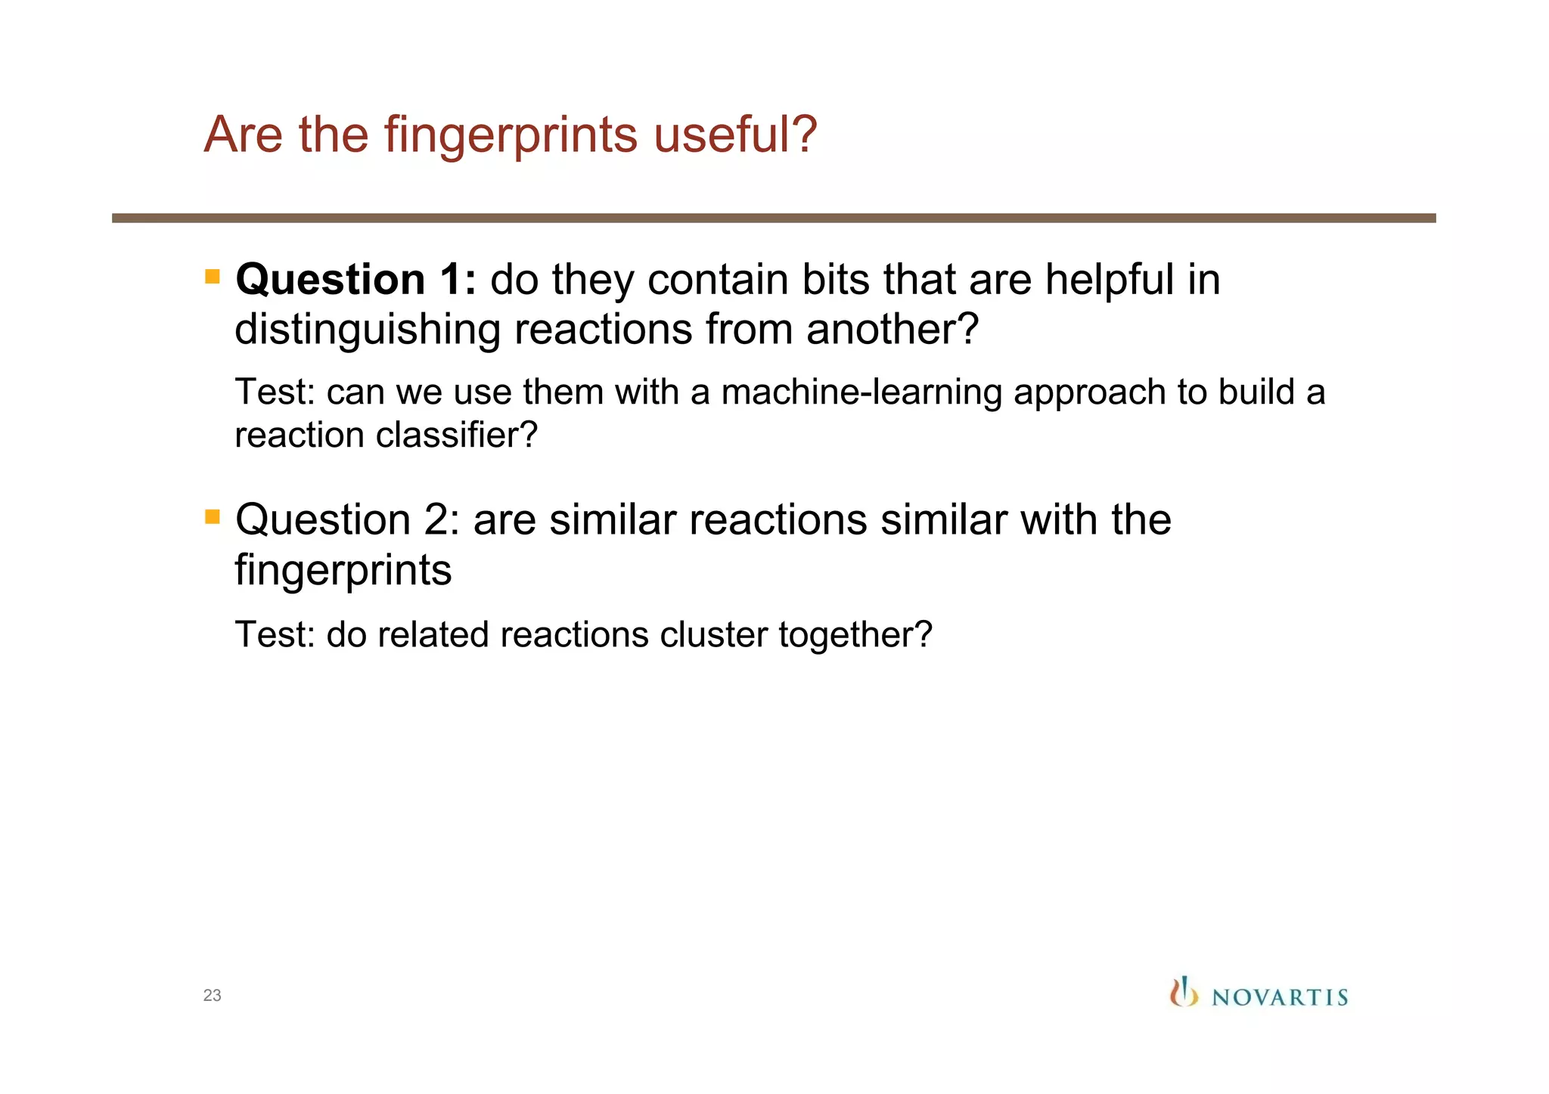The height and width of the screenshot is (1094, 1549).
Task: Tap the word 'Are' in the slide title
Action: coord(244,135)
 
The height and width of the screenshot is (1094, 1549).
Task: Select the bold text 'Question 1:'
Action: coord(355,280)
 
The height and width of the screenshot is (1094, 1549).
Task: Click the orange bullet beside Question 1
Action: coord(213,277)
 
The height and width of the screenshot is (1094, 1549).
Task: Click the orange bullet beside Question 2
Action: coord(213,517)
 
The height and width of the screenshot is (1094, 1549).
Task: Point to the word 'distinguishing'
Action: coord(367,330)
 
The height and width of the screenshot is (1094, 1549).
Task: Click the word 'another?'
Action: coord(892,330)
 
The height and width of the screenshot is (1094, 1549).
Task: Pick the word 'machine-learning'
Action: coord(861,392)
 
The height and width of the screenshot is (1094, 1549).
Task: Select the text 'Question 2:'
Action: coord(347,520)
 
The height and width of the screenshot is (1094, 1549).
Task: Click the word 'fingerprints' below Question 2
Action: coord(343,570)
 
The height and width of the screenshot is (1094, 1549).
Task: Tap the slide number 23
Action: coord(212,996)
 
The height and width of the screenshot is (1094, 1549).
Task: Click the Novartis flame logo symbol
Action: coord(1184,992)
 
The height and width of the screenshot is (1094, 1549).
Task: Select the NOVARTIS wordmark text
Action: coord(1280,997)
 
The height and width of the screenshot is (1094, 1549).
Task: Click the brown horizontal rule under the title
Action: coord(773,218)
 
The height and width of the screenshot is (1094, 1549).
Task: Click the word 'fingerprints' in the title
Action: coord(511,135)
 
